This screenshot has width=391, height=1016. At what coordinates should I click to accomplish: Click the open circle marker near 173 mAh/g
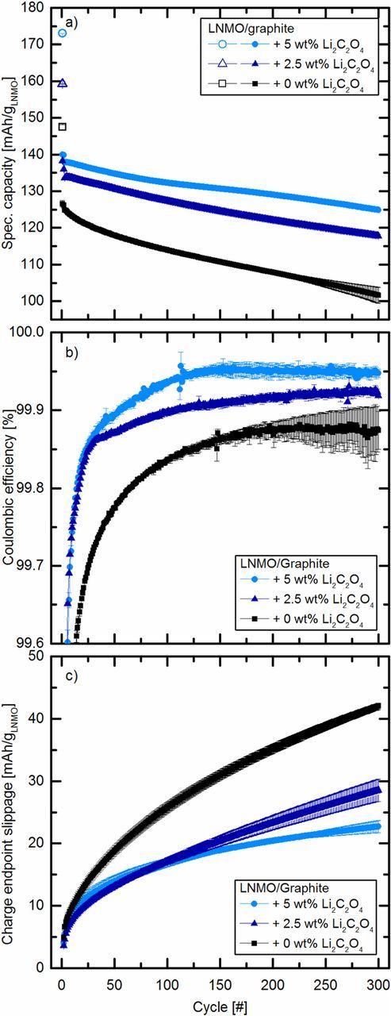(63, 33)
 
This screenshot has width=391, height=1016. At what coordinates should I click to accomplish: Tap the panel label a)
(71, 23)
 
